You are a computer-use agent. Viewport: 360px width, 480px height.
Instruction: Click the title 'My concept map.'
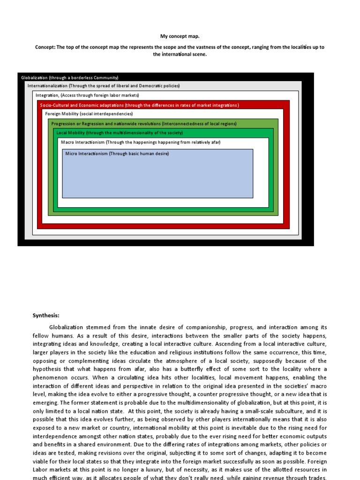tap(180, 35)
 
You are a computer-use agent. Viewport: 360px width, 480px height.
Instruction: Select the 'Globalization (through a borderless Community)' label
tap(70, 77)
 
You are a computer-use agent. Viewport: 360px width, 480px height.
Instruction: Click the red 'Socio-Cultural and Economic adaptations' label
tap(140, 105)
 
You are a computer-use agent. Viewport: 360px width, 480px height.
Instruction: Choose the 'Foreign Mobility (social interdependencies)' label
tap(89, 114)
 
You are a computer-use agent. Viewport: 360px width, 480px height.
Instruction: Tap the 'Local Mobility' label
tap(71, 133)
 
